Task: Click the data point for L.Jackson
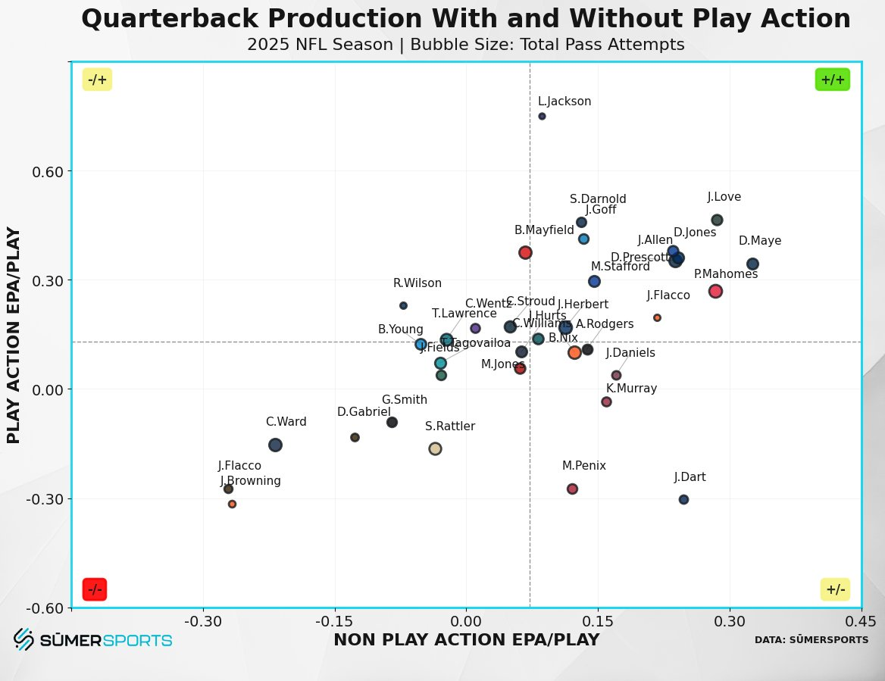[542, 116]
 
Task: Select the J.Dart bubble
[683, 499]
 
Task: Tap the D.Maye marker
[752, 264]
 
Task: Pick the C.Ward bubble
[275, 445]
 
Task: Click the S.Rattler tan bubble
[435, 448]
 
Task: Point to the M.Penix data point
[572, 489]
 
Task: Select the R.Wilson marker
[403, 305]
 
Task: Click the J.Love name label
[724, 197]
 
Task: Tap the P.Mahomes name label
[725, 274]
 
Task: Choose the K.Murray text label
[631, 389]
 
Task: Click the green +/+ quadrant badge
[832, 80]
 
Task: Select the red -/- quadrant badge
[95, 589]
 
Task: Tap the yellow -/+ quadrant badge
[97, 80]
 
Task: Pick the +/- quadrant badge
[835, 589]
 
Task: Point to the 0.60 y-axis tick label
[47, 171]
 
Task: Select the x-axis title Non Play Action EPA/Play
[466, 640]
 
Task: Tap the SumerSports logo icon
[23, 639]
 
